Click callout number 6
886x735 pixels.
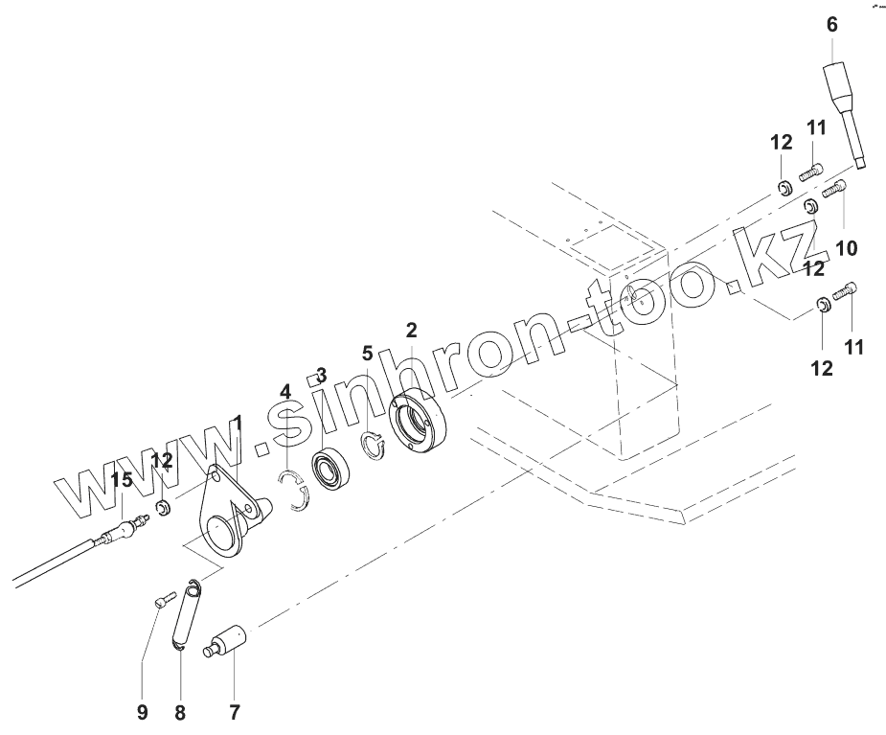(x=831, y=24)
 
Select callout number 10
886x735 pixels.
(x=845, y=248)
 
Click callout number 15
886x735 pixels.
(x=121, y=480)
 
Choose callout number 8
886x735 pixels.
(x=180, y=712)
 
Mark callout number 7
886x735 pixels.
(x=235, y=712)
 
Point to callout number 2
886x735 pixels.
(x=411, y=331)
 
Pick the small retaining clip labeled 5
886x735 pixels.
(x=372, y=445)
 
